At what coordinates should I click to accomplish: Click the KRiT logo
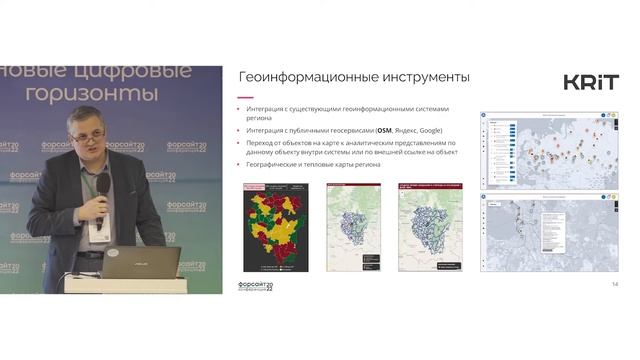tap(591, 82)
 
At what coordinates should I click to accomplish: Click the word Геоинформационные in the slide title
tap(306, 78)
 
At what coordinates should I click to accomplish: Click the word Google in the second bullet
tap(430, 130)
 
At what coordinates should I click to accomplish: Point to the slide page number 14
tap(614, 285)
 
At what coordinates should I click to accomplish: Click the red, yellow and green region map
tap(276, 227)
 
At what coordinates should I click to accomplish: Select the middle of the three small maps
tap(355, 227)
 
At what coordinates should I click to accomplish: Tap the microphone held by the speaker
tap(102, 188)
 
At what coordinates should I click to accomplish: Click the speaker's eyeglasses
tap(86, 130)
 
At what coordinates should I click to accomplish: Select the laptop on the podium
tap(140, 263)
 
